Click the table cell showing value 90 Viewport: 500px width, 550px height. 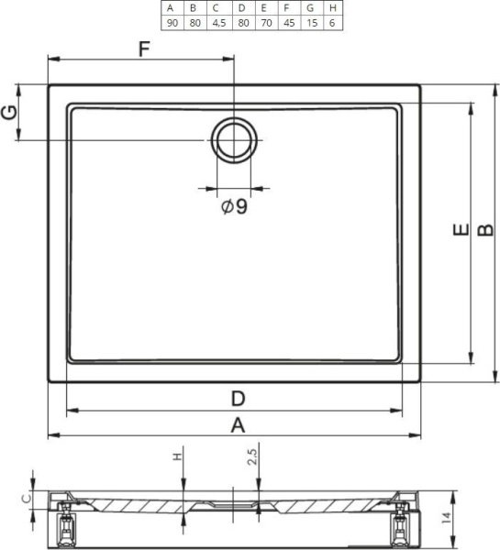click(172, 23)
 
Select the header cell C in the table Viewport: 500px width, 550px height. click(217, 8)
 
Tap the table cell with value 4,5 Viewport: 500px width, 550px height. click(219, 23)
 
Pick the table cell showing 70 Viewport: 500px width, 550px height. click(266, 23)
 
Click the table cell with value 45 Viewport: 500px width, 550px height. click(289, 23)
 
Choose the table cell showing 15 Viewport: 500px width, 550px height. click(312, 23)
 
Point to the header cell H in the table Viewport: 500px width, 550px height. click(333, 8)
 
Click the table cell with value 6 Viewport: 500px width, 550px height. click(332, 23)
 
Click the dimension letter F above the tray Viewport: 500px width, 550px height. click(144, 49)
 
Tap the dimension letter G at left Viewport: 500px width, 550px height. click(9, 112)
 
